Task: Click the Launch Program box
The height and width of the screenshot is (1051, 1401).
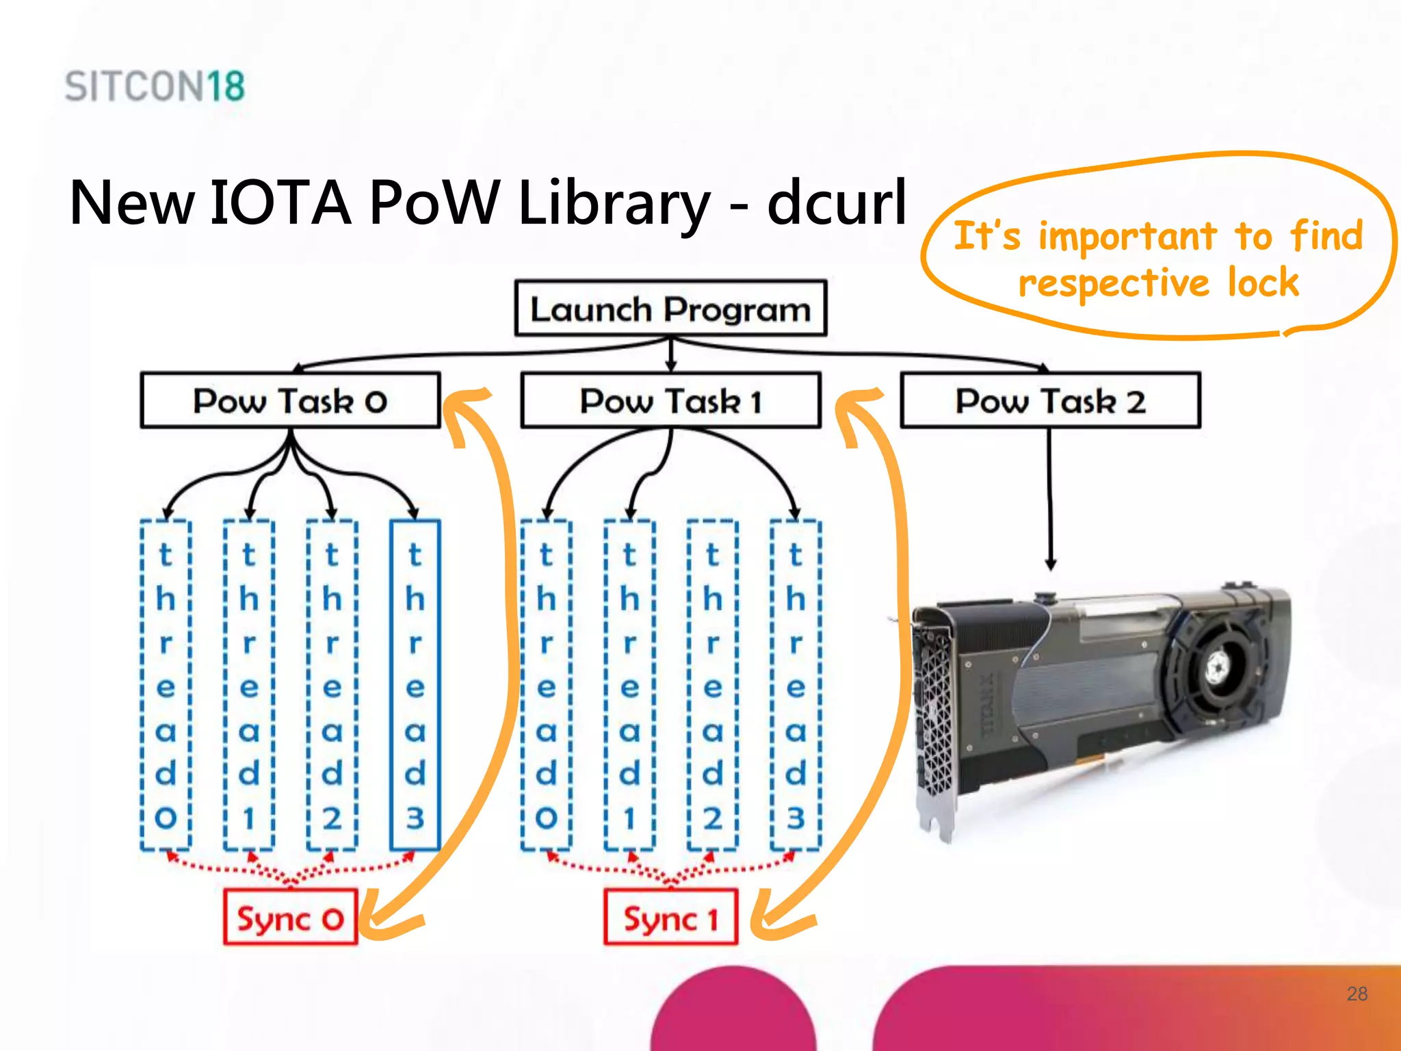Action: [x=670, y=309]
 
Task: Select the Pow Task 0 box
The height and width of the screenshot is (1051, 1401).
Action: [x=290, y=400]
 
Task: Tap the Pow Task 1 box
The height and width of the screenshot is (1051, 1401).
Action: [x=670, y=400]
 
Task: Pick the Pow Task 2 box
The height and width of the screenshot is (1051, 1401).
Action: [x=1050, y=400]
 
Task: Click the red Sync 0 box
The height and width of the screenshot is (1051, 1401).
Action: [x=290, y=918]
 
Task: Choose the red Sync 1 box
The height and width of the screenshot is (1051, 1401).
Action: [x=670, y=918]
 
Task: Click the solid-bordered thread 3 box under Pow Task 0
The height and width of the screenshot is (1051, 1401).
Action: [x=415, y=684]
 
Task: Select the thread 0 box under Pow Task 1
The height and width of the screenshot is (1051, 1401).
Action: [x=546, y=684]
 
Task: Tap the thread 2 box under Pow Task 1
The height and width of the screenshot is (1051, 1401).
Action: [x=712, y=684]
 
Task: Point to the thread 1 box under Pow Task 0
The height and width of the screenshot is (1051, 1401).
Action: [x=249, y=684]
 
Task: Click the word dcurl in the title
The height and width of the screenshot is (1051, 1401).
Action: [x=836, y=203]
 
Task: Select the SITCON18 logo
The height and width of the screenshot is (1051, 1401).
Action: [x=155, y=87]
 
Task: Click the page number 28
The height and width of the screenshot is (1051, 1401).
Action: [x=1357, y=994]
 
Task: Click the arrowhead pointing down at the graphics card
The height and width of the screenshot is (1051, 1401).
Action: [x=1051, y=565]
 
